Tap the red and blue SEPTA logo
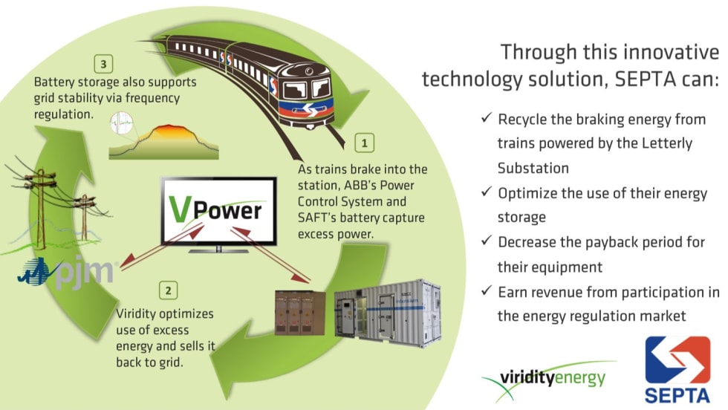tap(677, 368)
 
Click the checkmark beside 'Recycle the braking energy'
tap(487, 119)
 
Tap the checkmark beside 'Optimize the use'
tap(487, 192)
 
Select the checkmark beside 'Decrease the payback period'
tap(487, 242)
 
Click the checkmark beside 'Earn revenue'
tap(487, 292)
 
